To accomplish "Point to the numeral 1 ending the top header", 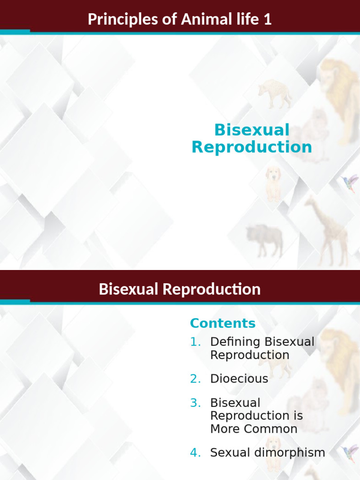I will click(268, 20).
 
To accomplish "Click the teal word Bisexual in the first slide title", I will click(252, 130).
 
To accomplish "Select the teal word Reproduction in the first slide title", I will click(252, 147).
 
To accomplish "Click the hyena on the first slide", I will click(275, 92).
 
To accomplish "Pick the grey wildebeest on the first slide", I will click(265, 239).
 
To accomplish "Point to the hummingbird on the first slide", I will click(350, 183).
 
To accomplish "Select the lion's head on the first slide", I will click(335, 77).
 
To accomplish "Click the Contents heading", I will click(223, 323).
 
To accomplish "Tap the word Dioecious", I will click(239, 379).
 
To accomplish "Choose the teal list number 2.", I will click(195, 379).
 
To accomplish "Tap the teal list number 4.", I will click(195, 453).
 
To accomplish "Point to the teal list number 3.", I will click(195, 403).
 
